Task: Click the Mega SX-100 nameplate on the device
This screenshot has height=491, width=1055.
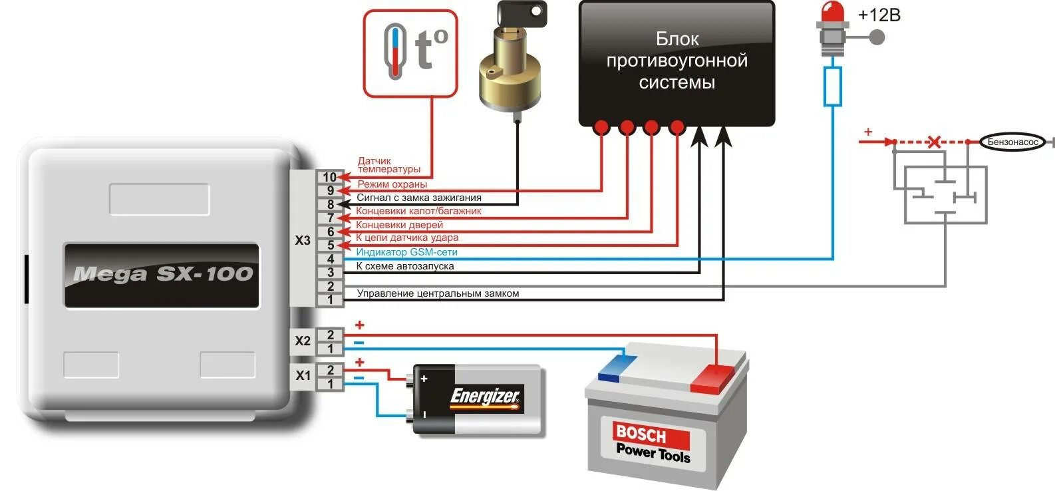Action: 162,274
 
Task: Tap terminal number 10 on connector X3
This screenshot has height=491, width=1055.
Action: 330,177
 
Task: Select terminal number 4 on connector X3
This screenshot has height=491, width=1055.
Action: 330,259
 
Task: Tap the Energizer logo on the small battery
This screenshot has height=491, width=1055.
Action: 485,397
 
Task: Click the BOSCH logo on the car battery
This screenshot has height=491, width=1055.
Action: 641,434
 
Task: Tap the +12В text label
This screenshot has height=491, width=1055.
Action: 879,15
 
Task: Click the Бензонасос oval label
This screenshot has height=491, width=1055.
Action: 1012,142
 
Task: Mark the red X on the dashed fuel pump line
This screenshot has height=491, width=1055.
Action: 934,142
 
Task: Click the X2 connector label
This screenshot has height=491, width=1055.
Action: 303,341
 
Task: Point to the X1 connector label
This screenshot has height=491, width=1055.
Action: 303,375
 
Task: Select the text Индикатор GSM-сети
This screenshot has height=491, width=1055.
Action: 406,252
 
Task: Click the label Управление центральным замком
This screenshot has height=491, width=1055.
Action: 438,293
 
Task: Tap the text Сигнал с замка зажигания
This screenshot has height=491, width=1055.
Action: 418,198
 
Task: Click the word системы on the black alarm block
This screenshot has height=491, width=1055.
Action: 677,82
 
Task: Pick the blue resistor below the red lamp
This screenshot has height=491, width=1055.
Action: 832,86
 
